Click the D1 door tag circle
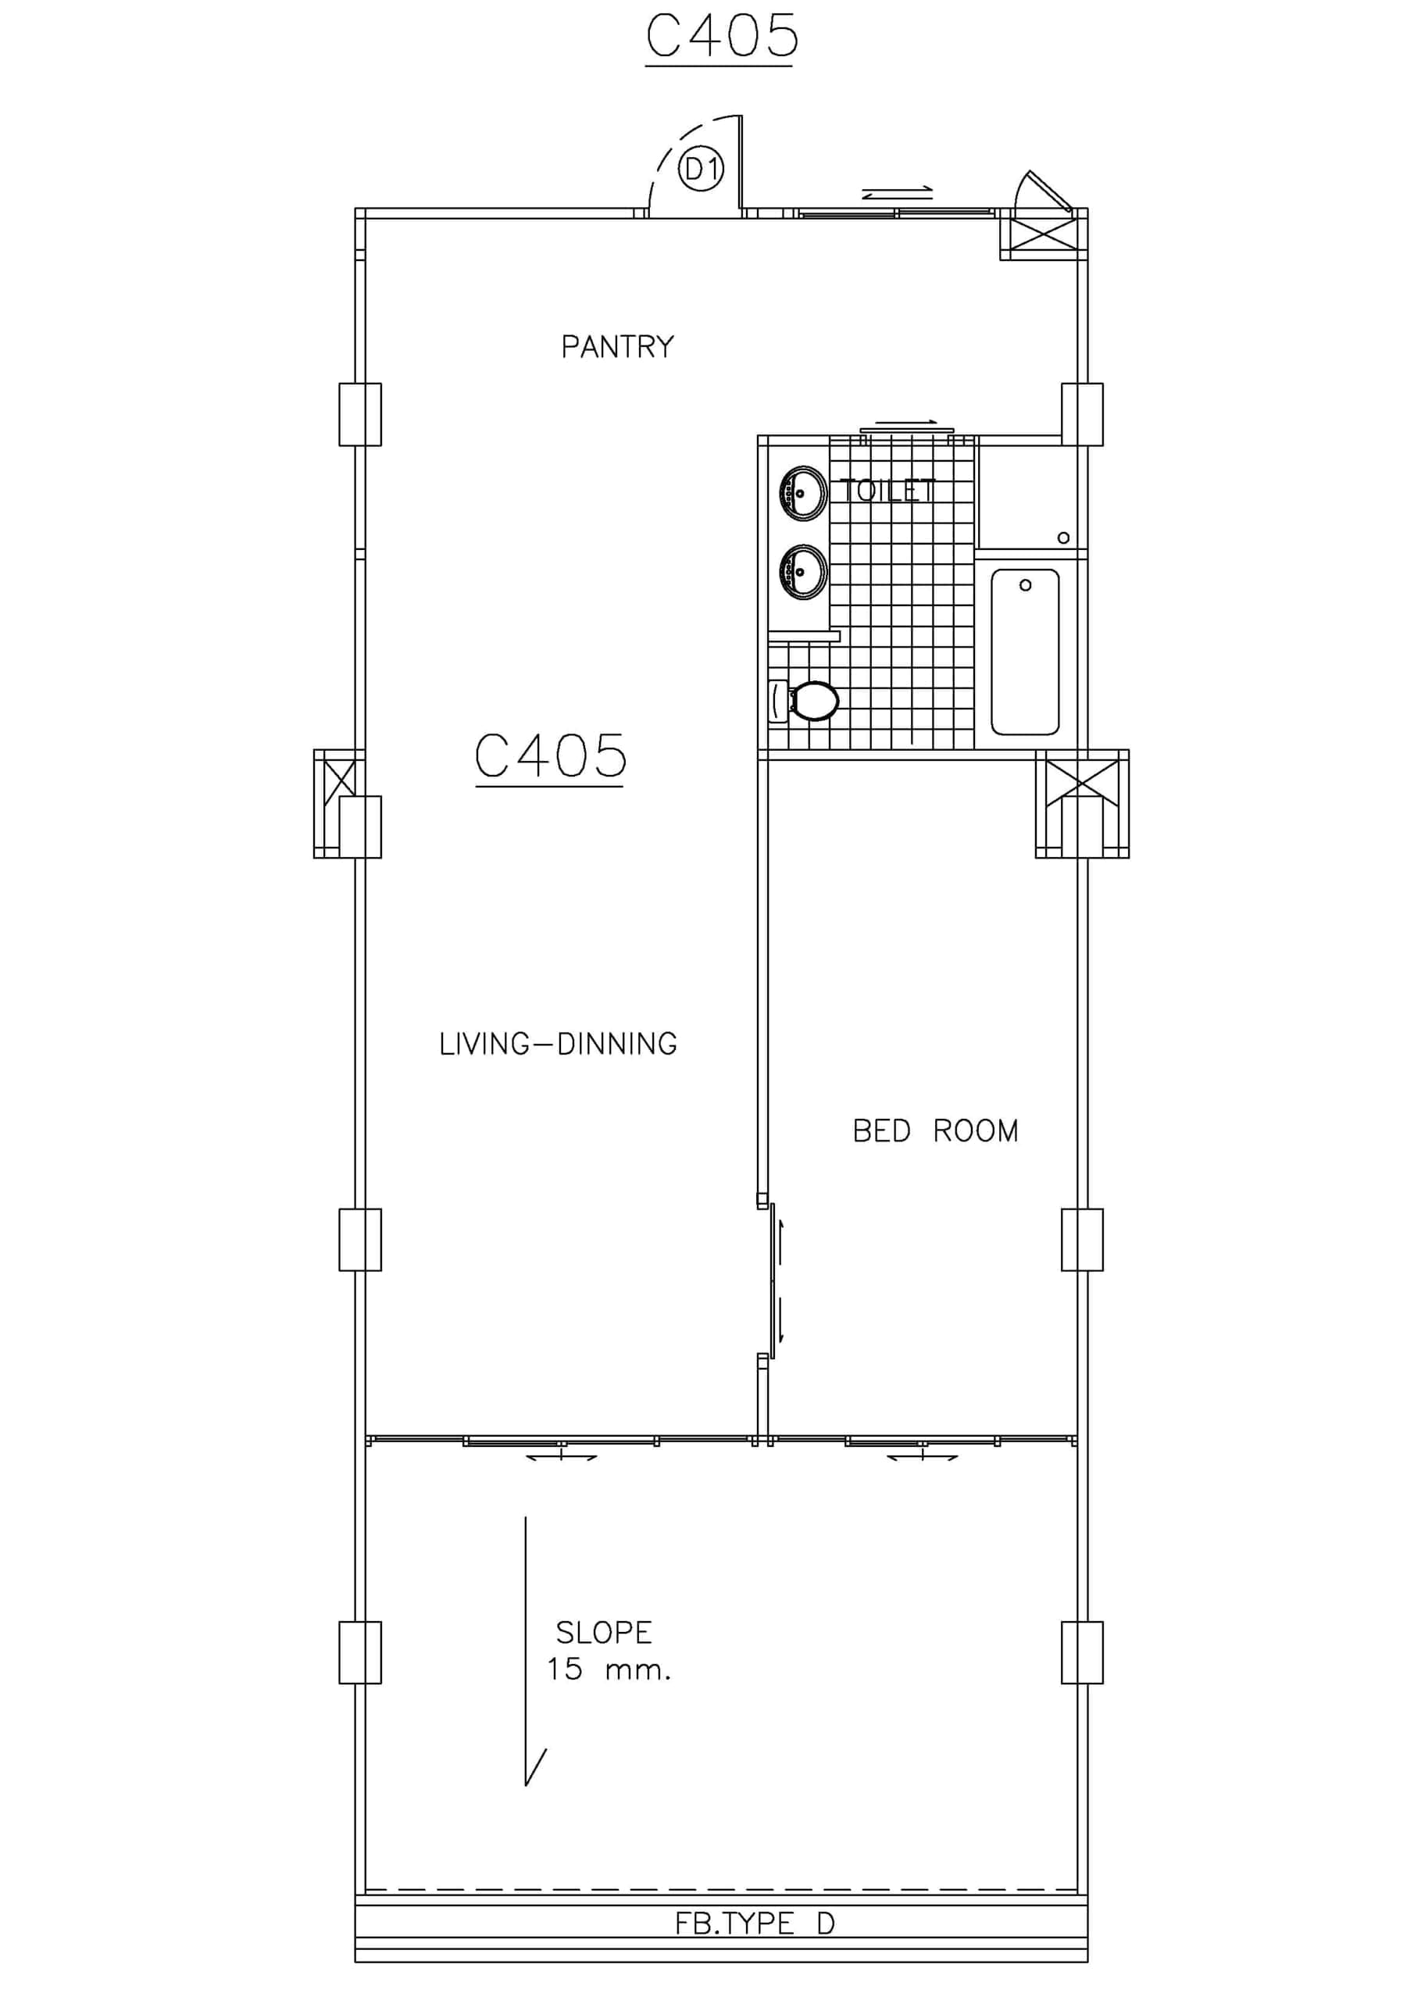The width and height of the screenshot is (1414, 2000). pyautogui.click(x=701, y=170)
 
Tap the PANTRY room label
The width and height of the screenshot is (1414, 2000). pyautogui.click(x=618, y=347)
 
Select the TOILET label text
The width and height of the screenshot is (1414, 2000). pyautogui.click(x=887, y=491)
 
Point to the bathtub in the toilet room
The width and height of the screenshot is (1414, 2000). pyautogui.click(x=1026, y=652)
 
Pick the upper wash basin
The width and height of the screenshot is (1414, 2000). pyautogui.click(x=803, y=493)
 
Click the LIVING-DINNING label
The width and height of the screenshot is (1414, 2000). pyautogui.click(x=559, y=1044)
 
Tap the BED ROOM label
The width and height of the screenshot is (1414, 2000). pyautogui.click(x=936, y=1130)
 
